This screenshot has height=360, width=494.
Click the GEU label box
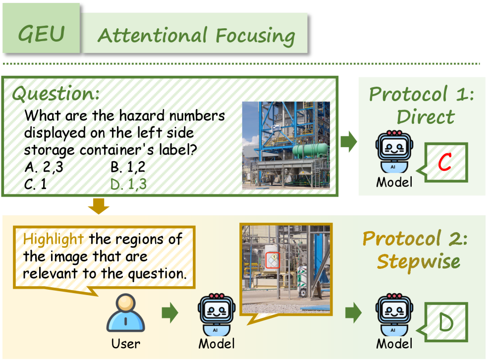[x=41, y=28]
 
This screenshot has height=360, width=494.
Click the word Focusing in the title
[x=255, y=36]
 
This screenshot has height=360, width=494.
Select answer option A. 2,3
[x=44, y=167]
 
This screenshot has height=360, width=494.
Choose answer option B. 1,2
[x=128, y=167]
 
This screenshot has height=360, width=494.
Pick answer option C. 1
[x=35, y=184]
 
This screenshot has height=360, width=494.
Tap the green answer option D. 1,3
[x=128, y=184]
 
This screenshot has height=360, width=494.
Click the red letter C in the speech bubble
[x=445, y=162]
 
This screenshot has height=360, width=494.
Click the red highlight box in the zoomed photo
[x=273, y=260]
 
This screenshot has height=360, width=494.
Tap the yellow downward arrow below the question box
[x=99, y=206]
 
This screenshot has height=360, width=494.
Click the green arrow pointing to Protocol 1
[x=349, y=142]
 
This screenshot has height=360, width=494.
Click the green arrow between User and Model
[x=170, y=313]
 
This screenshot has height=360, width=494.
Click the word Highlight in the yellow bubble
[x=53, y=239]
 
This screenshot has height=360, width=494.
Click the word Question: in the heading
[x=56, y=94]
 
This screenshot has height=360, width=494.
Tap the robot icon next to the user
[x=217, y=315]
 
